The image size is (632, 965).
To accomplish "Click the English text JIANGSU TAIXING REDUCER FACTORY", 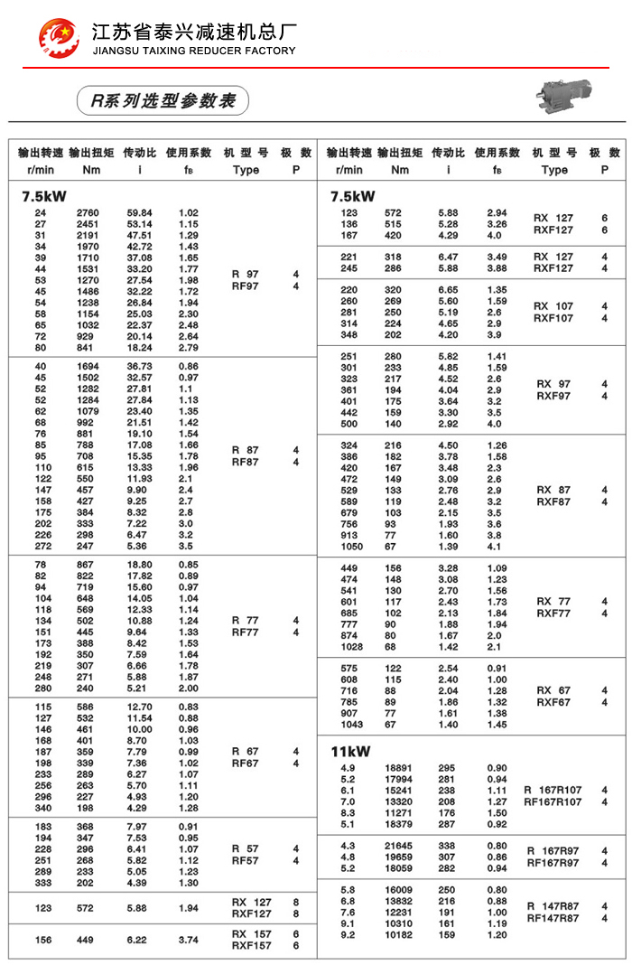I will (194, 51).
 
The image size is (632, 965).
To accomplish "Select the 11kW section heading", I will (350, 750).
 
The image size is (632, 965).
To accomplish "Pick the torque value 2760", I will (88, 212).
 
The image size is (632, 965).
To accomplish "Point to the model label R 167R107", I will (553, 790).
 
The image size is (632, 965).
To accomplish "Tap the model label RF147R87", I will (553, 918).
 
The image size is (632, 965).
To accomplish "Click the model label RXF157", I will (251, 946).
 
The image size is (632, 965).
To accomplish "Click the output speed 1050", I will (351, 547).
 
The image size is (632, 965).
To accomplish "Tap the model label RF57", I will (245, 861).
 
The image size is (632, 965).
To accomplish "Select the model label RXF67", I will (553, 702).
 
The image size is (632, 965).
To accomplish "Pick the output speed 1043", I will (351, 725).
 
